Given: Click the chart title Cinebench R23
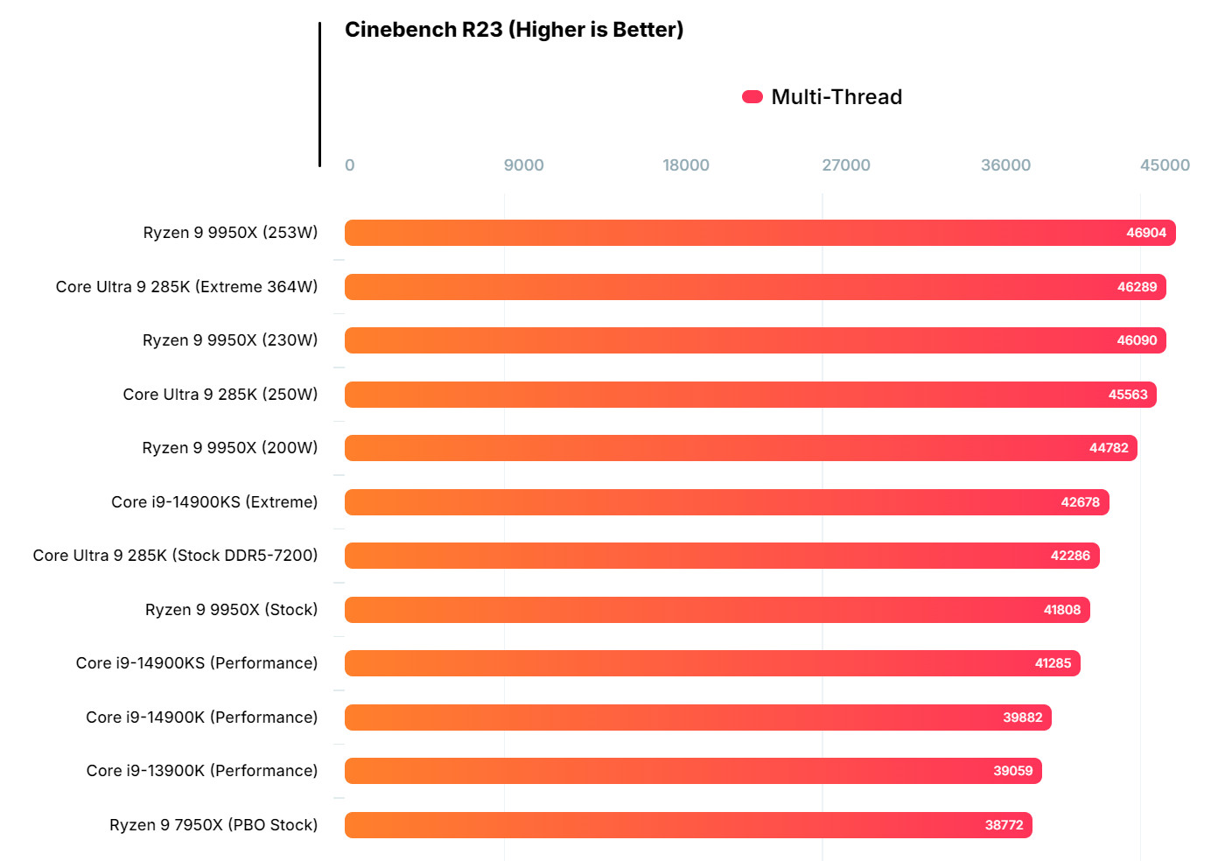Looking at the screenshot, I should coord(514,30).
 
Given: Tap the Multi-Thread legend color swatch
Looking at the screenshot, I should coord(752,97).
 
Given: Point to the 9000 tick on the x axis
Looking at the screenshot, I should coord(523,165).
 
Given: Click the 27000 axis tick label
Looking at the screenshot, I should coord(845,165).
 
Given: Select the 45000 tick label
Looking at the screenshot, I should coord(1164,165).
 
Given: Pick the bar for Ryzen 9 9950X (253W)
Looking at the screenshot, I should coord(759,233).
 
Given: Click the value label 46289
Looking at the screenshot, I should coord(1137,287).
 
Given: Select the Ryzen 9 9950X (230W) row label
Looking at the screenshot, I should coord(230,340).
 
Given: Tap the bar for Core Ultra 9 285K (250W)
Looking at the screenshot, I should coord(750,395).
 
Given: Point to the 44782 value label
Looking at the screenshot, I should coord(1109,448).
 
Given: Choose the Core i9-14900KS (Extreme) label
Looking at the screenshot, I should coord(214,502).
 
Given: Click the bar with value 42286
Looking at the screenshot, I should coord(722,556).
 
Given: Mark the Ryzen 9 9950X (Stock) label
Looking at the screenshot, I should coord(231,610).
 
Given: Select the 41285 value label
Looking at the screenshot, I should coord(1053,663).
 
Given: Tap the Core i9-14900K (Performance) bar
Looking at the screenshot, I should coord(697,717).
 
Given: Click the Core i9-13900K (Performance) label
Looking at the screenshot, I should coord(202,771).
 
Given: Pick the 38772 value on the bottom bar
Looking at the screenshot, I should coord(1004,825).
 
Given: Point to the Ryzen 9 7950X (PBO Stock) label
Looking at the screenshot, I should coord(213,825).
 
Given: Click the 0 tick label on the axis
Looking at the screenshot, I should coord(350,165).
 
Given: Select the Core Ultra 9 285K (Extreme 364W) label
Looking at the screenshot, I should coord(186,287).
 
